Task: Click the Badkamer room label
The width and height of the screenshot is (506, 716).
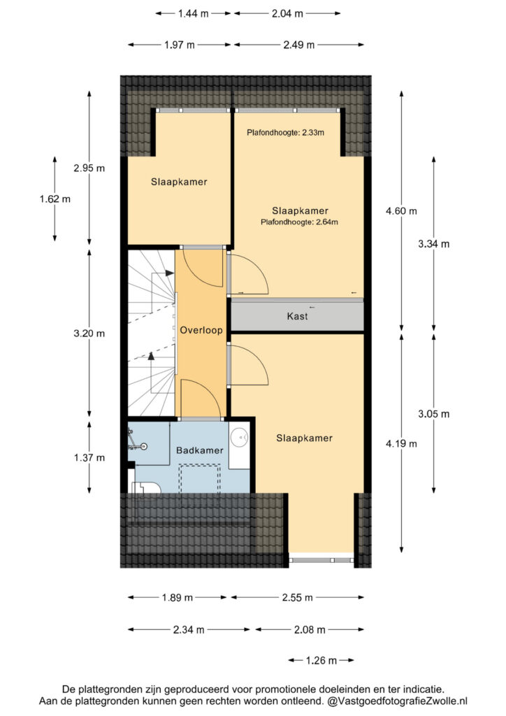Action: [x=199, y=450]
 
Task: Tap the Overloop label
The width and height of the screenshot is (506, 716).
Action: [x=201, y=330]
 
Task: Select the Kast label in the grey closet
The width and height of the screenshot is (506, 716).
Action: [x=298, y=316]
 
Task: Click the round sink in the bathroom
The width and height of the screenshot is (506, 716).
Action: [x=239, y=438]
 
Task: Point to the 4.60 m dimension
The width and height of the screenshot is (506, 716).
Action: [x=401, y=211]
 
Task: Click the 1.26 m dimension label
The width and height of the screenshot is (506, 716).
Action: [x=321, y=660]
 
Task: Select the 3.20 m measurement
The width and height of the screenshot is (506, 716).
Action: [x=89, y=334]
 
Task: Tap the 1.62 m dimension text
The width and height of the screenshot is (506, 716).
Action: [x=55, y=199]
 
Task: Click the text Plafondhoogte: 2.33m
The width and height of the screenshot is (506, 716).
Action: [x=286, y=133]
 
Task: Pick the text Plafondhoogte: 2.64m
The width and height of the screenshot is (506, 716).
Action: [x=299, y=222]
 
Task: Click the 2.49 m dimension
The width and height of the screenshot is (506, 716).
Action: [x=299, y=45]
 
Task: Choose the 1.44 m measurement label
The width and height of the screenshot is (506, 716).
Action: [x=194, y=14]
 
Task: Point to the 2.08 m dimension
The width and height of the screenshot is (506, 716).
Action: [x=310, y=630]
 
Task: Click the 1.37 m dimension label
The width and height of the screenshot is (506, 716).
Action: [x=89, y=457]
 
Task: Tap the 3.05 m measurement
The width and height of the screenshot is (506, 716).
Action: [x=434, y=414]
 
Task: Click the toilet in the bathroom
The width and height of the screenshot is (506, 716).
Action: [x=146, y=487]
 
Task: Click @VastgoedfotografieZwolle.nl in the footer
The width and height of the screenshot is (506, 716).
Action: [x=398, y=701]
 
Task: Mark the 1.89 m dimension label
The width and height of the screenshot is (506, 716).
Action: [x=178, y=597]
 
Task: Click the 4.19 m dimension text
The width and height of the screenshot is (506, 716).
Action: [x=401, y=443]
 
